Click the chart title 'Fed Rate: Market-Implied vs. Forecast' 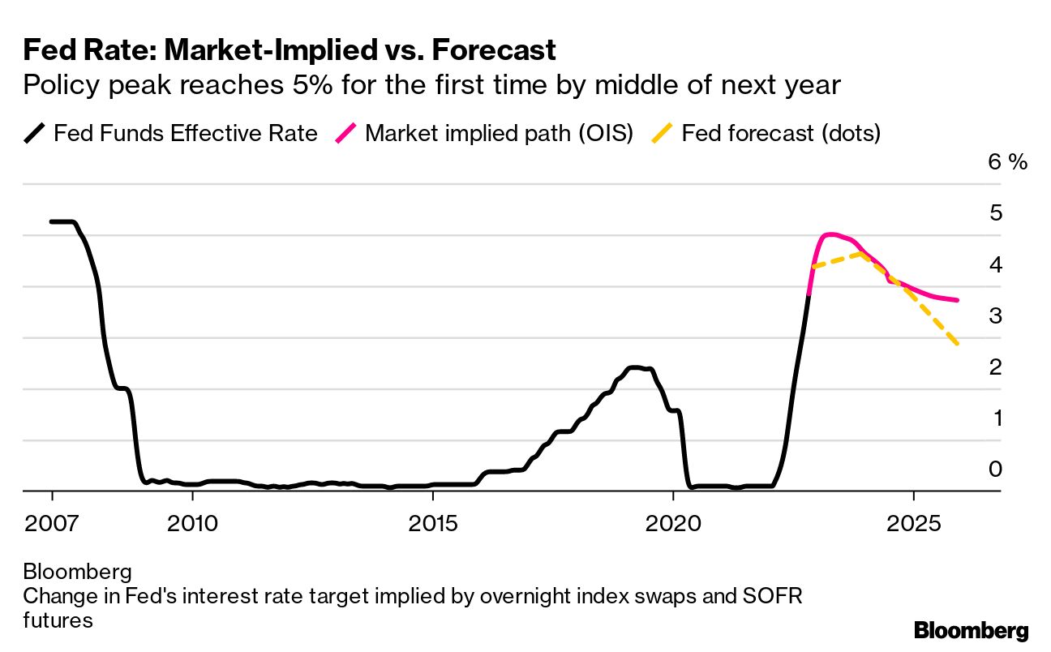(289, 50)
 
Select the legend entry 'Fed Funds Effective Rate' (185, 133)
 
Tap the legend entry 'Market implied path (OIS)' (499, 133)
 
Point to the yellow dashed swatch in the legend (663, 134)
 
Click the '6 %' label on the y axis (1007, 161)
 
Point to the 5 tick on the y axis (995, 213)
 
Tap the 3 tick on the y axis (995, 315)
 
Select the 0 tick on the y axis (995, 469)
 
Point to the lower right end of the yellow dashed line (958, 344)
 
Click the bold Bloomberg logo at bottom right (971, 631)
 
